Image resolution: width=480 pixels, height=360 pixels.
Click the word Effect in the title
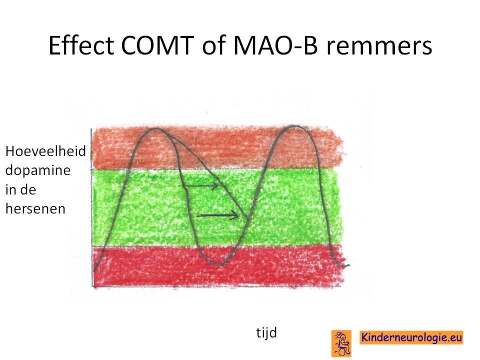pyautogui.click(x=81, y=45)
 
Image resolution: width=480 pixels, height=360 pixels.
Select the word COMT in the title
pyautogui.click(x=157, y=45)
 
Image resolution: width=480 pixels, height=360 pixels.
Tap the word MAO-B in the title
pyautogui.click(x=275, y=45)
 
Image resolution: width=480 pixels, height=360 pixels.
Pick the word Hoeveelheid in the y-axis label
pyautogui.click(x=45, y=151)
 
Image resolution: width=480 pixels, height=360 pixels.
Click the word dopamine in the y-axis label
pyautogui.click(x=38, y=171)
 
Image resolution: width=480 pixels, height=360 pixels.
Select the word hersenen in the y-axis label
pyautogui.click(x=35, y=209)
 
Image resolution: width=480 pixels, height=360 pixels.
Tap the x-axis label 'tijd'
pyautogui.click(x=266, y=333)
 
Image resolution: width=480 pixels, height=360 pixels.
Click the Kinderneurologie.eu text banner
pyautogui.click(x=411, y=337)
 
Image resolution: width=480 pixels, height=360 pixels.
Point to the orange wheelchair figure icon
pyautogui.click(x=341, y=343)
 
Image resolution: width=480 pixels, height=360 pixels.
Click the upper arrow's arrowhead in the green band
pyautogui.click(x=216, y=185)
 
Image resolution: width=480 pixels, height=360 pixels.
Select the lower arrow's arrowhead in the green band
pyautogui.click(x=235, y=215)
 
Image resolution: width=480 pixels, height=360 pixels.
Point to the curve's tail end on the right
pyautogui.click(x=348, y=265)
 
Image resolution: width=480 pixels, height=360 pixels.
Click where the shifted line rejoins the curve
pyautogui.click(x=247, y=218)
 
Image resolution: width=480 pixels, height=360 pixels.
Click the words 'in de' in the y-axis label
pyautogui.click(x=21, y=190)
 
